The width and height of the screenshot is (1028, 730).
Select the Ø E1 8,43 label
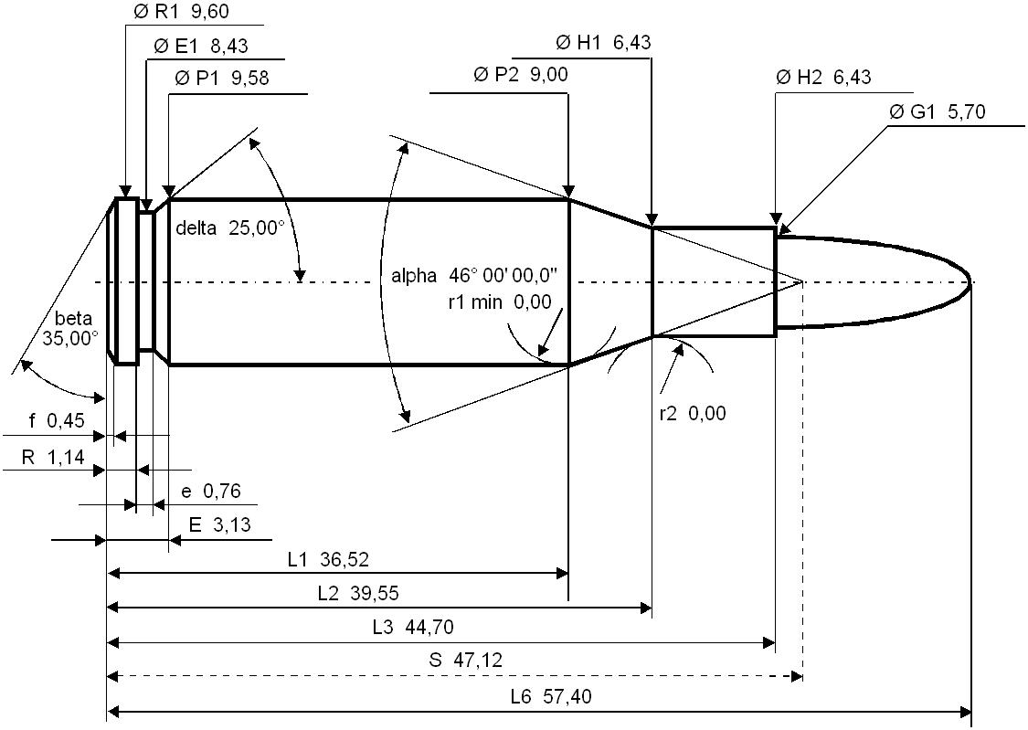click(x=201, y=46)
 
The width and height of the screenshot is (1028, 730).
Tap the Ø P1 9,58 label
click(x=223, y=79)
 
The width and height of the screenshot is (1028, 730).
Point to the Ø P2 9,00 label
click(x=521, y=76)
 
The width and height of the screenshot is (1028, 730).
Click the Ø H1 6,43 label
click(x=603, y=43)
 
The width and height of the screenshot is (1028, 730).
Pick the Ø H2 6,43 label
click(x=823, y=78)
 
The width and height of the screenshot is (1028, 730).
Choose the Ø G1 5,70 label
click(x=937, y=112)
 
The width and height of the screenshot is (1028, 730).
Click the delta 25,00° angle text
click(x=230, y=227)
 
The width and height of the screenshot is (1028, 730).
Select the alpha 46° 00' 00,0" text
click(x=474, y=276)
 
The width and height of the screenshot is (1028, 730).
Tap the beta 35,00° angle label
click(x=69, y=328)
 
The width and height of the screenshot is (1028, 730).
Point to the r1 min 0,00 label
click(x=500, y=302)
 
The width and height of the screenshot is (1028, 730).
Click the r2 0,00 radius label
click(x=693, y=414)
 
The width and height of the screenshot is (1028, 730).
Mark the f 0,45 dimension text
click(x=57, y=421)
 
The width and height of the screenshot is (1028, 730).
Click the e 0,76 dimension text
click(x=211, y=492)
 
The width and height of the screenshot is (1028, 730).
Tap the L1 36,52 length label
click(x=328, y=559)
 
